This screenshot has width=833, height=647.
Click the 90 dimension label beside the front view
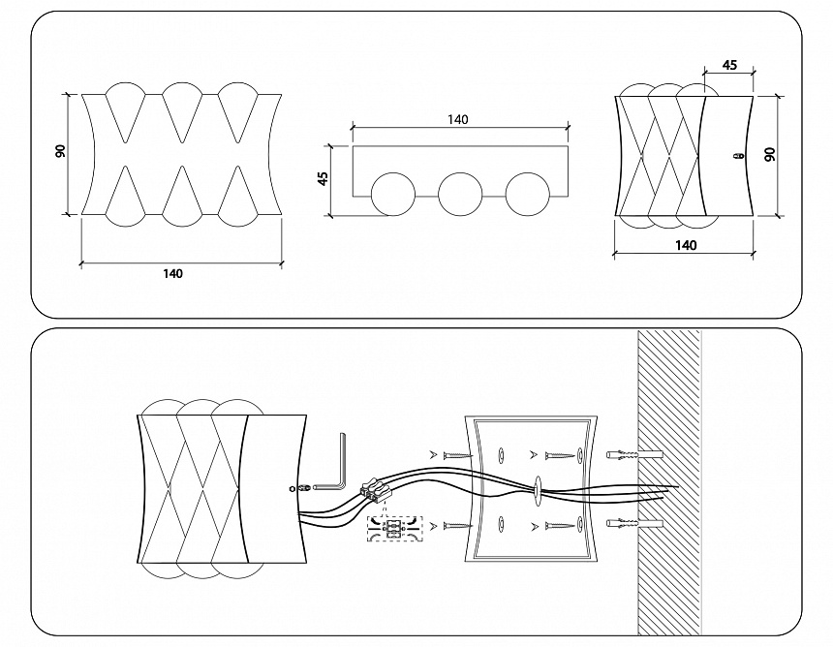(61, 151)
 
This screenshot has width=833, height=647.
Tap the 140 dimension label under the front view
(172, 273)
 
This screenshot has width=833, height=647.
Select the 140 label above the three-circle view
(457, 119)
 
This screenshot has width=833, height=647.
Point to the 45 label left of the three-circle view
(323, 178)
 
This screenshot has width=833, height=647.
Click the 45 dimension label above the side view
(730, 65)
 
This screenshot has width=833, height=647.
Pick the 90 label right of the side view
(770, 155)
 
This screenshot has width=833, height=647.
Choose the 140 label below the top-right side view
(686, 245)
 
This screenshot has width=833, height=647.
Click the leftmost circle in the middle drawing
(393, 194)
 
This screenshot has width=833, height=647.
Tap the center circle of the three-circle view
(461, 194)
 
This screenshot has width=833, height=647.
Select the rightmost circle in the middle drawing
(528, 194)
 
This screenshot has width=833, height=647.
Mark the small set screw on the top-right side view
(736, 156)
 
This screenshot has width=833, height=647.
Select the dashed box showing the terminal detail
(394, 529)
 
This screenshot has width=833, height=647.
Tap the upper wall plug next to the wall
(634, 455)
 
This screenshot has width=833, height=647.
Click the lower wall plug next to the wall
(634, 523)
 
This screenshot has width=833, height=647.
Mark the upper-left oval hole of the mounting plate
(501, 455)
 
